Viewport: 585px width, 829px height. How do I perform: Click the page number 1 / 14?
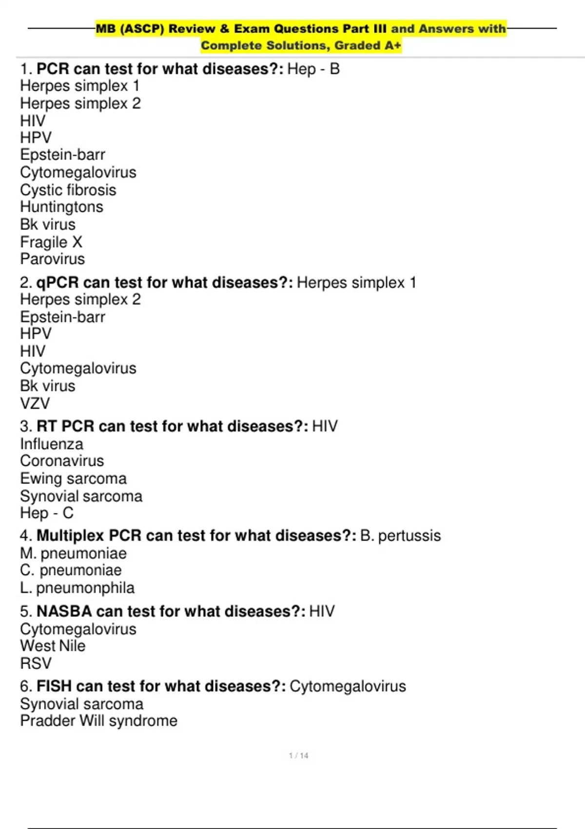[298, 755]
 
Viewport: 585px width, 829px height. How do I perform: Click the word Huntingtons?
[61, 207]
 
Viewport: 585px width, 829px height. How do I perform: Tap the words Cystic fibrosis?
[68, 190]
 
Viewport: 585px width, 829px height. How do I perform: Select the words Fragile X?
[51, 242]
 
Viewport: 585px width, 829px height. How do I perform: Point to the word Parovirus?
[52, 259]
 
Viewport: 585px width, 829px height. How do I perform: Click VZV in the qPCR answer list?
[35, 403]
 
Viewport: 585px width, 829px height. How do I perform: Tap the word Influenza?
[52, 444]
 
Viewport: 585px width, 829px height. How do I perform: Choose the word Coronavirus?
[62, 461]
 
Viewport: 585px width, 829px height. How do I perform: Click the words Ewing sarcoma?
[73, 478]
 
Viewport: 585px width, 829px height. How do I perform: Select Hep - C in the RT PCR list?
[47, 513]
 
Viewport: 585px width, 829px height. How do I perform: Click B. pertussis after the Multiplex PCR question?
[400, 535]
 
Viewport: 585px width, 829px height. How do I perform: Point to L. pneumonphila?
[77, 588]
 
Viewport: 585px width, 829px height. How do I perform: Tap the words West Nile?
[53, 646]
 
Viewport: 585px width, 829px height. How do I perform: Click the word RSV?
[36, 663]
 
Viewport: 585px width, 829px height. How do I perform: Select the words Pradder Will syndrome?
[98, 721]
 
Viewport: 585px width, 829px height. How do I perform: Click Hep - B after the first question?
[313, 69]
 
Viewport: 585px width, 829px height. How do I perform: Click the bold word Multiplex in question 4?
[70, 535]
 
